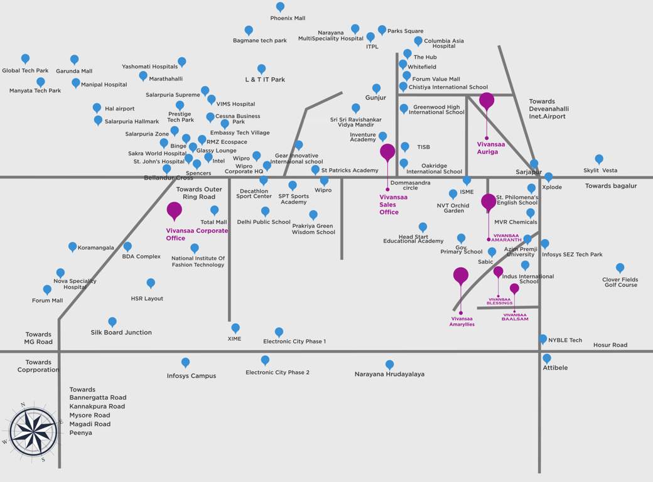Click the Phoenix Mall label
tap(288, 18)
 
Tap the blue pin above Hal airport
tap(97, 108)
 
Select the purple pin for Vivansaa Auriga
tap(487, 100)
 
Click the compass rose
tap(33, 431)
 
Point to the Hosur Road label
tap(610, 345)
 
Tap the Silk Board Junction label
tap(121, 333)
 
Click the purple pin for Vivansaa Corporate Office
tap(174, 210)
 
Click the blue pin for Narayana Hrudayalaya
tap(389, 364)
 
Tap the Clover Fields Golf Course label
tap(620, 282)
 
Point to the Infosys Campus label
tap(192, 376)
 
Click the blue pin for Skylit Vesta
tap(599, 159)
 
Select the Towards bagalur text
tap(611, 186)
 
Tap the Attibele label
tap(555, 368)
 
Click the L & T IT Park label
tap(265, 80)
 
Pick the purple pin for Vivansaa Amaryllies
tap(461, 275)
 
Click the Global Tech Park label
tap(25, 71)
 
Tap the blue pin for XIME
tap(235, 328)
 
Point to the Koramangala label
tap(96, 248)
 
